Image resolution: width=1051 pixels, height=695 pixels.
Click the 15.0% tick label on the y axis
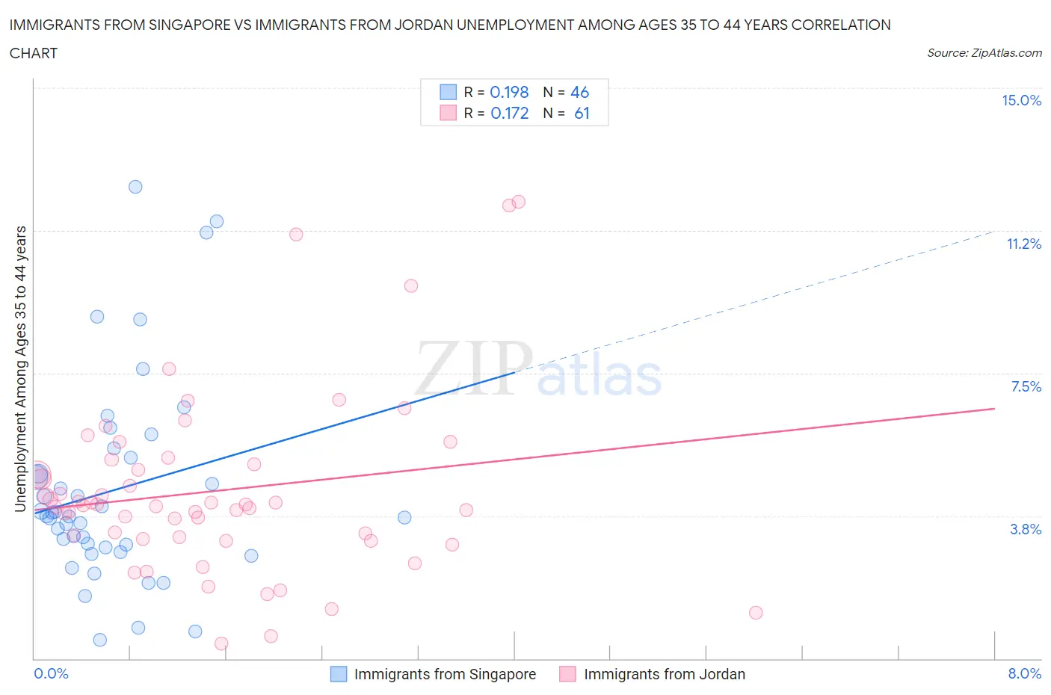[x=1021, y=101]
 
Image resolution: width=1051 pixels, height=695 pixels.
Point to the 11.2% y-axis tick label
[x=1023, y=244]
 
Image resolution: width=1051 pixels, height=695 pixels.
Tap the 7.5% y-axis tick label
[x=1026, y=386]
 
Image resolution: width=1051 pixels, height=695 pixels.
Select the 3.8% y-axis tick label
[x=1026, y=529]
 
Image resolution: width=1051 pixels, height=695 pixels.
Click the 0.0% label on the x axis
[x=51, y=673]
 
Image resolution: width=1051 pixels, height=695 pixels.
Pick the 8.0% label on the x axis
[x=1024, y=673]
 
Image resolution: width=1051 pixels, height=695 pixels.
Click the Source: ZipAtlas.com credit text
[x=984, y=53]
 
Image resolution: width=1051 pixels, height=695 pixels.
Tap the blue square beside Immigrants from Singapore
[x=339, y=674]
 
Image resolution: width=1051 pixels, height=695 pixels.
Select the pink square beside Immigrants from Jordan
[x=568, y=674]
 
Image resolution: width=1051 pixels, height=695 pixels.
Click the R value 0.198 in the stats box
[x=509, y=92]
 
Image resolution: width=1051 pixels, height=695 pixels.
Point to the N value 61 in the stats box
[x=582, y=113]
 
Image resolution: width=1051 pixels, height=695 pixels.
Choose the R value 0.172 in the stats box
[x=509, y=113]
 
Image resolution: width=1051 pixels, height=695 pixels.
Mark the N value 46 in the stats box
[x=579, y=92]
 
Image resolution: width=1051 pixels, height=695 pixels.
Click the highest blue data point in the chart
[x=135, y=187]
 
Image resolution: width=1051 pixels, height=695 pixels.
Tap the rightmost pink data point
[x=756, y=613]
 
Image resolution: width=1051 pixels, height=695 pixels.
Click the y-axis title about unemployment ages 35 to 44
[x=21, y=368]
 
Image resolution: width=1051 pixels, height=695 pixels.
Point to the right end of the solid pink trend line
[x=994, y=409]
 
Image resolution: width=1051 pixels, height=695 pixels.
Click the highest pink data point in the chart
[x=519, y=202]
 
